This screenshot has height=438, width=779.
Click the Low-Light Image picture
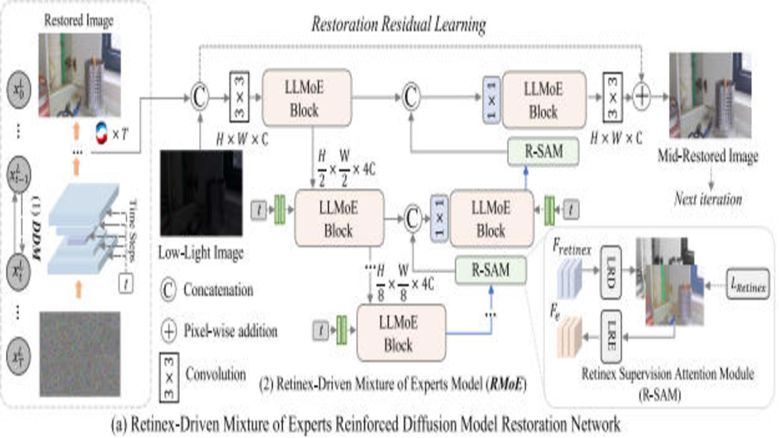click(201, 193)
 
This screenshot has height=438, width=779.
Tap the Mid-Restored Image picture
click(710, 96)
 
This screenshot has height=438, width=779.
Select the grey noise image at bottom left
click(80, 354)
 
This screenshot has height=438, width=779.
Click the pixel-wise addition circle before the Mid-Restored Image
click(641, 97)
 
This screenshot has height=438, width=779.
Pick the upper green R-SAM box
click(543, 152)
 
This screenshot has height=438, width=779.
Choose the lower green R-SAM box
click(491, 270)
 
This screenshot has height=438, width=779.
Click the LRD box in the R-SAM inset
click(611, 272)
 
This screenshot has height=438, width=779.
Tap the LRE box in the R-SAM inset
click(611, 336)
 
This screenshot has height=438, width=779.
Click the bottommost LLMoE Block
click(401, 333)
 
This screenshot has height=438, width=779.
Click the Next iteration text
click(708, 199)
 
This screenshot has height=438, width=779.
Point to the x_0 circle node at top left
click(19, 90)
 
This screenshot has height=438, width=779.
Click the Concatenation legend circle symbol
click(168, 290)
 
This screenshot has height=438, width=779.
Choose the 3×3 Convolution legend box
click(169, 378)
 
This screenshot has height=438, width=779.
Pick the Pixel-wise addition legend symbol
click(169, 331)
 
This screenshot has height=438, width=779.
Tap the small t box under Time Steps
click(126, 283)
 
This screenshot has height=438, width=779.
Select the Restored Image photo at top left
click(80, 75)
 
